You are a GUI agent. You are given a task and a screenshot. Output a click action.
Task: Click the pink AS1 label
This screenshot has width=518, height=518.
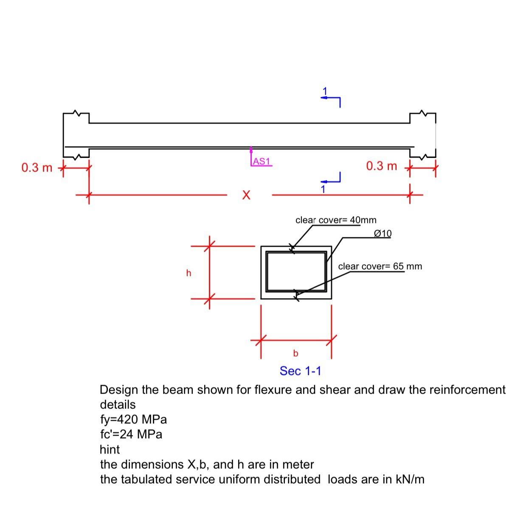click(x=261, y=161)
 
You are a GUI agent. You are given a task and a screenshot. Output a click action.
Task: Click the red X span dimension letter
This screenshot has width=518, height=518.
click(x=246, y=195)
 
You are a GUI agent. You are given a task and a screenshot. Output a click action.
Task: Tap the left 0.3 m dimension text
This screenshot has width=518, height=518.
click(x=37, y=168)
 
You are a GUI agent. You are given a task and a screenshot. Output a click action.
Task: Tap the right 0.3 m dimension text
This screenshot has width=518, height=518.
click(x=381, y=166)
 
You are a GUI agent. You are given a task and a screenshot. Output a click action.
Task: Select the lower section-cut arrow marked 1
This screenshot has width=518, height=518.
click(x=331, y=180)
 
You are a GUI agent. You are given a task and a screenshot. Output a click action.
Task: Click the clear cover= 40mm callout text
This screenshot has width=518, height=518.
click(x=335, y=220)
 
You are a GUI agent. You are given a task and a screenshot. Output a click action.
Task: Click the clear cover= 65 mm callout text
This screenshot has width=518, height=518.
click(x=380, y=266)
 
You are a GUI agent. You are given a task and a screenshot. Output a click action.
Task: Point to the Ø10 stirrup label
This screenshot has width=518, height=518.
click(x=383, y=234)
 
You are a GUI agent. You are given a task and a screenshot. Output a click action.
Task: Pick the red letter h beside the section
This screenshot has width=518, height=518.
click(x=189, y=273)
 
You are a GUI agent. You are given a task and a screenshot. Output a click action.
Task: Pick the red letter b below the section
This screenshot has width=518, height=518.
click(x=296, y=353)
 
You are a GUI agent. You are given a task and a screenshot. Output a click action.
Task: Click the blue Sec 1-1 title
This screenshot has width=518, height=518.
click(x=300, y=371)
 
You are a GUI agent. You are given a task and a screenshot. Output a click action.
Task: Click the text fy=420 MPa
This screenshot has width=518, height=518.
click(x=133, y=419)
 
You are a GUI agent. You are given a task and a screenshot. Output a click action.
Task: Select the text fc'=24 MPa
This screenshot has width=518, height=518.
click(x=131, y=434)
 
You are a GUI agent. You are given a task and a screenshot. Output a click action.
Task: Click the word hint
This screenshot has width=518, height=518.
click(x=110, y=449)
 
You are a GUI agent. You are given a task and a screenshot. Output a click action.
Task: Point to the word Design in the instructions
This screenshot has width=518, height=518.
click(x=119, y=390)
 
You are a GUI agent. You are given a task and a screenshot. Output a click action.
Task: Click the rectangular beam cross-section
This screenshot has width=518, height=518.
click(x=296, y=272)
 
